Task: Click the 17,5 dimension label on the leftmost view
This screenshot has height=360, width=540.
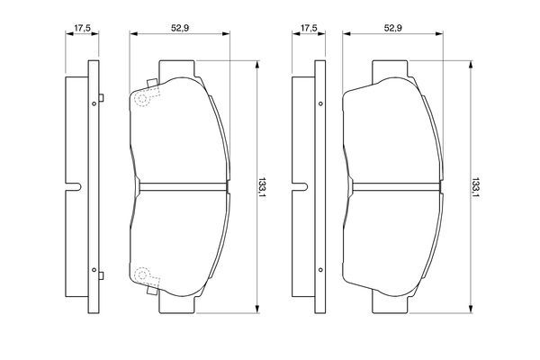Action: [x=82, y=28]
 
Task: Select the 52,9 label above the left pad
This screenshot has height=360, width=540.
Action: [x=180, y=28]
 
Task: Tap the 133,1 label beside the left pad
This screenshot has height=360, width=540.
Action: [x=263, y=187]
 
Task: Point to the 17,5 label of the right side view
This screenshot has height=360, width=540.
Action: [x=309, y=28]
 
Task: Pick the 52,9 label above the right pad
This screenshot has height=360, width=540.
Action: [x=393, y=28]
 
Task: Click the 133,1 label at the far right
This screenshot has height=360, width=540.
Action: [x=475, y=187]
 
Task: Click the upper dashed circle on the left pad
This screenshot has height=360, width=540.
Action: [x=142, y=99]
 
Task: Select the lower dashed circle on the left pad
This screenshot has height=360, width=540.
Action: [x=142, y=274]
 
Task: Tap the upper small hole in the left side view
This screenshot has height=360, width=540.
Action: [x=94, y=103]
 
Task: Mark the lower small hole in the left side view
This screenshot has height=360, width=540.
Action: [x=94, y=270]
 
